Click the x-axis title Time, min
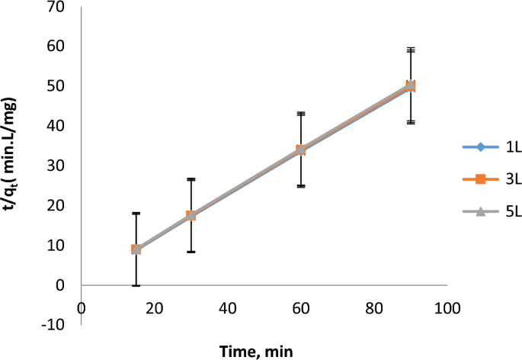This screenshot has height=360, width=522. point(257,350)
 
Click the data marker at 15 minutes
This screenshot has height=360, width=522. point(136,249)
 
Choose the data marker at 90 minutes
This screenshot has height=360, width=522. point(411,85)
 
